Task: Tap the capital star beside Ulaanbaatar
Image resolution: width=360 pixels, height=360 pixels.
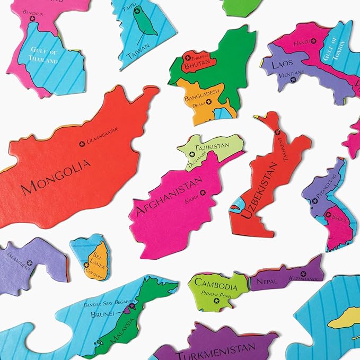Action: pyautogui.click(x=82, y=143)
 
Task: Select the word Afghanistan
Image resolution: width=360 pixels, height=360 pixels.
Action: pyautogui.click(x=169, y=196)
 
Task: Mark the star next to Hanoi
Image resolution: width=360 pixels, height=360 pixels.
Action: pyautogui.click(x=313, y=41)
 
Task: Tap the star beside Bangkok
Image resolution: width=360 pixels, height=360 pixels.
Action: pyautogui.click(x=32, y=19)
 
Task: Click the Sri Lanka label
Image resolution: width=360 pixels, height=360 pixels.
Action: pyautogui.click(x=96, y=257)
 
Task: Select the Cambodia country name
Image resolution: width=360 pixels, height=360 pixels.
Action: pyautogui.click(x=216, y=282)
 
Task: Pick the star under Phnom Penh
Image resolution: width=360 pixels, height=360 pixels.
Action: pyautogui.click(x=216, y=301)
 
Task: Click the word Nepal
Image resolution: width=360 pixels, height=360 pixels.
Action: pyautogui.click(x=267, y=281)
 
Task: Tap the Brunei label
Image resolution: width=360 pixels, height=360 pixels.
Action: pyautogui.click(x=103, y=314)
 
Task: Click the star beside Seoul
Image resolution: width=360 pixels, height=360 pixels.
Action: pyautogui.click(x=328, y=215)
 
